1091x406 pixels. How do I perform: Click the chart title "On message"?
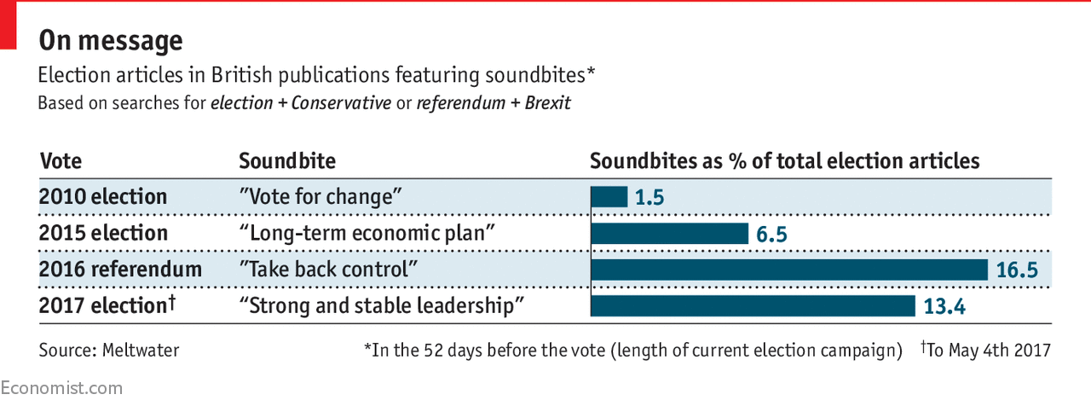click(x=111, y=40)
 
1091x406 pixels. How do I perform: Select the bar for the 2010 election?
click(x=609, y=197)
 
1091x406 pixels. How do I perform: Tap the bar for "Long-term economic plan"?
click(x=669, y=234)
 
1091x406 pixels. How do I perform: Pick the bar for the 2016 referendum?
click(x=789, y=270)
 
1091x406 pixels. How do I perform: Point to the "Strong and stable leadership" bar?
click(x=753, y=305)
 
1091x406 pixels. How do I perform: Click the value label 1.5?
click(x=649, y=198)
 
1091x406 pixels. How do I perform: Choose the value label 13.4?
click(x=944, y=306)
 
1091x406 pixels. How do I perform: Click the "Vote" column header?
click(x=61, y=161)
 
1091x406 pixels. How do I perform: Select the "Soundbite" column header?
click(x=287, y=161)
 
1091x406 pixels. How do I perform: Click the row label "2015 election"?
click(x=103, y=234)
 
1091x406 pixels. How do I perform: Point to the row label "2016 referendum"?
click(x=120, y=270)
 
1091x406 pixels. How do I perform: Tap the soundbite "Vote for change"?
click(x=320, y=197)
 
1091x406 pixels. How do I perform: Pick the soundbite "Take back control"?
click(x=328, y=270)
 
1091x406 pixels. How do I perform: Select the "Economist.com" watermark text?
click(x=61, y=388)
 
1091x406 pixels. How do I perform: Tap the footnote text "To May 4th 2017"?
click(x=989, y=350)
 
